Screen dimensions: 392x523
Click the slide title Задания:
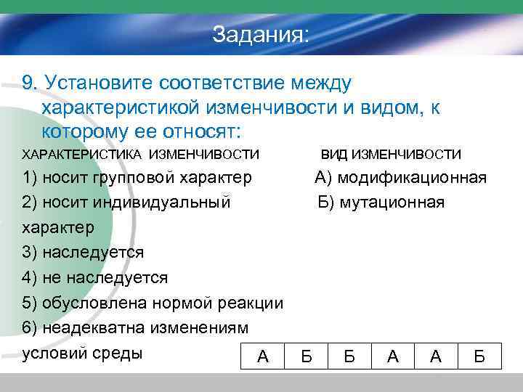261,34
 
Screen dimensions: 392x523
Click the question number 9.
30,82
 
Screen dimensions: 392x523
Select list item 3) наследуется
83,253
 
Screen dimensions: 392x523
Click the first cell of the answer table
263,356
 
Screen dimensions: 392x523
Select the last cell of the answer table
479,356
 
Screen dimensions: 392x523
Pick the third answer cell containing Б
349,356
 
